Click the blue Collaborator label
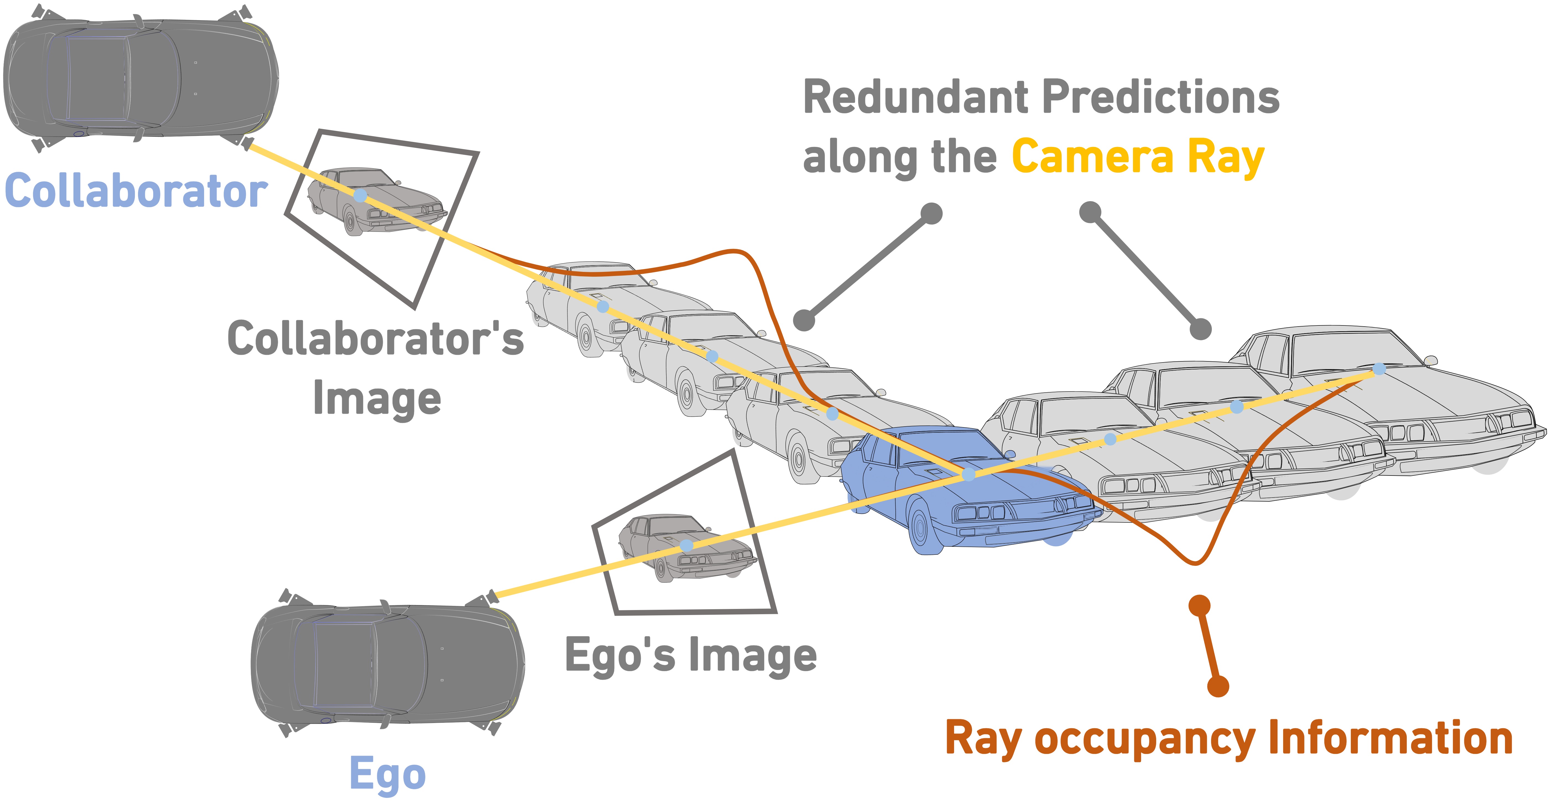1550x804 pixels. (136, 191)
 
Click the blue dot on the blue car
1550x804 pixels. (968, 474)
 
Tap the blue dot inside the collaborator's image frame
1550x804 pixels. (360, 195)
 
